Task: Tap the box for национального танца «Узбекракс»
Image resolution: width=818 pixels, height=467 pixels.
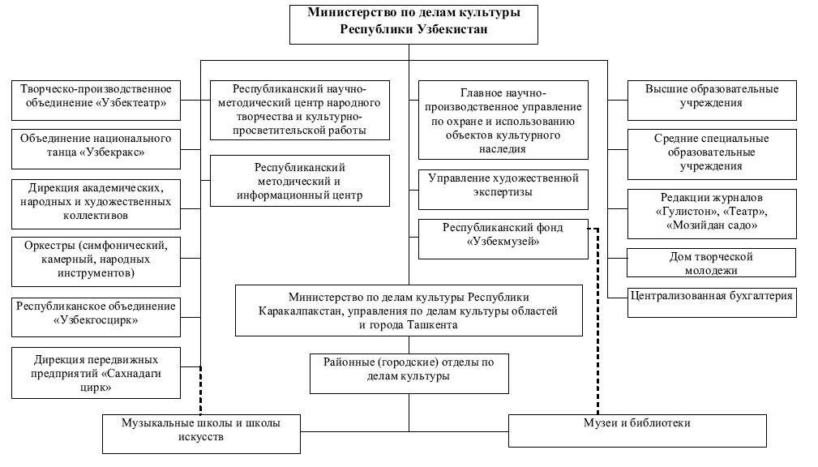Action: point(96,146)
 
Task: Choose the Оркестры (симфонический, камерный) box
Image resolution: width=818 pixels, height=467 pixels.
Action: point(96,258)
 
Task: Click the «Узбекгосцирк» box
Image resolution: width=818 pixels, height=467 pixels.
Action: point(96,314)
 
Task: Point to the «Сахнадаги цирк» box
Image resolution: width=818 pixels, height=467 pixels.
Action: point(96,373)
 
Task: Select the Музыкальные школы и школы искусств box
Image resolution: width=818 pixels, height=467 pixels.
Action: point(200,431)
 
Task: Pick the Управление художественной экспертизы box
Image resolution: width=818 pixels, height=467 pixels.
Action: point(503,185)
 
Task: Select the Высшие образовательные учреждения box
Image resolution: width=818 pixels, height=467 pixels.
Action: point(711,96)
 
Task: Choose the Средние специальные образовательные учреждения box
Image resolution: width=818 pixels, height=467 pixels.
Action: point(711,152)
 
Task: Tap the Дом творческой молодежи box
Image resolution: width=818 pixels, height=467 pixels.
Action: point(711,263)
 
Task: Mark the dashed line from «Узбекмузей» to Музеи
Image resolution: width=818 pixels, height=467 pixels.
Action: point(597,324)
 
